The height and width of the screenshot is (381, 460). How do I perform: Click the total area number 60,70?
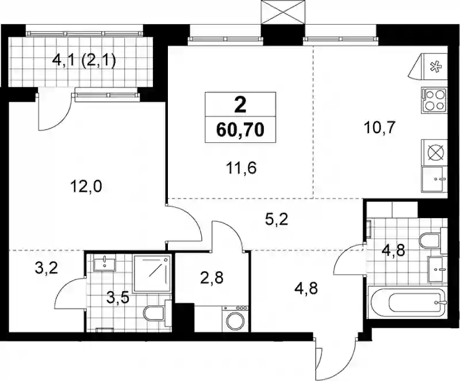(x=240, y=130)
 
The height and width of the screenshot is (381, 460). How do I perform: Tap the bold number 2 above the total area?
(x=240, y=106)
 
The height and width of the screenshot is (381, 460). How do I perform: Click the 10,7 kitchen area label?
(x=380, y=128)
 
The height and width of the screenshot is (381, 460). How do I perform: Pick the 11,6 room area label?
(x=241, y=168)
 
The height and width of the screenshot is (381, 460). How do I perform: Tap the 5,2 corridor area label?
(x=277, y=219)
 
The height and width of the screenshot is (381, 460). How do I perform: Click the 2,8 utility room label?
(x=212, y=278)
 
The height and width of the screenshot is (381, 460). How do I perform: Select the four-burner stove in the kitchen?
(x=434, y=100)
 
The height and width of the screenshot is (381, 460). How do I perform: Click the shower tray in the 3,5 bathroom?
(x=152, y=274)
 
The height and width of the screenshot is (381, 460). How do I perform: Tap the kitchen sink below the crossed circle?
(x=434, y=179)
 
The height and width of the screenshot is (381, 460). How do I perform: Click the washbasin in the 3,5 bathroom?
(x=105, y=263)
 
